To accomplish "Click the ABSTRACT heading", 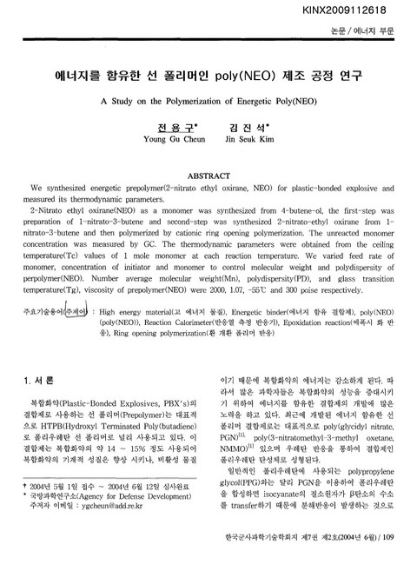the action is point(208,174).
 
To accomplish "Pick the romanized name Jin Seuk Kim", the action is point(250,137).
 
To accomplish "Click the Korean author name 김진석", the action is point(249,125).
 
